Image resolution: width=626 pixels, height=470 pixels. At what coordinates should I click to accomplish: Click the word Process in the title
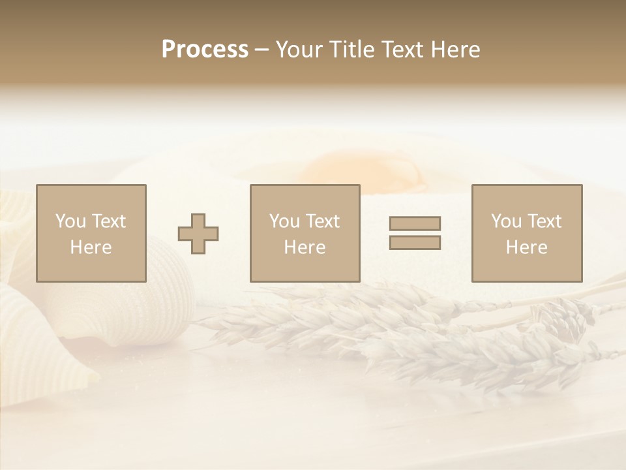[x=205, y=50]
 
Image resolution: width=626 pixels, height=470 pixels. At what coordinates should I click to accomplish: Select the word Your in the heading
[x=299, y=50]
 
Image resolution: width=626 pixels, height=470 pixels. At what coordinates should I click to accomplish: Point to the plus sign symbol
[x=198, y=234]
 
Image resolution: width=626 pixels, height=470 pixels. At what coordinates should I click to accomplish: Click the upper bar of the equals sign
[x=415, y=223]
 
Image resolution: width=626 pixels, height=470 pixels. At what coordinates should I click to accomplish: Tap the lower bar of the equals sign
[x=415, y=243]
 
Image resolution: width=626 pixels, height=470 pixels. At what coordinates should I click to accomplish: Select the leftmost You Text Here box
[x=91, y=233]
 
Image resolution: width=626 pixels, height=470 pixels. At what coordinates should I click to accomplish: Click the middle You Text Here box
[x=305, y=233]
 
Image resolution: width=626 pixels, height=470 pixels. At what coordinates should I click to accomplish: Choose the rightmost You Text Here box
[x=527, y=233]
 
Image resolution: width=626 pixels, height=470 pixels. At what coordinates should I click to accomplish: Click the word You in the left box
[x=70, y=221]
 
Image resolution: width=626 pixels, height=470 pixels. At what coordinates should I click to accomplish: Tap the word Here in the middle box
[x=305, y=247]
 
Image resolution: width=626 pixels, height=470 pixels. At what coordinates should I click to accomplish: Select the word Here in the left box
[x=91, y=247]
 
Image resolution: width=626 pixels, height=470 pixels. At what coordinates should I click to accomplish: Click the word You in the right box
[x=507, y=221]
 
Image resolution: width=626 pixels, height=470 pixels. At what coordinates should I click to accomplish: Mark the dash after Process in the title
[x=261, y=50]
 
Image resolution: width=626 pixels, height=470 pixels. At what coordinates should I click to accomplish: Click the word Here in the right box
[x=527, y=247]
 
